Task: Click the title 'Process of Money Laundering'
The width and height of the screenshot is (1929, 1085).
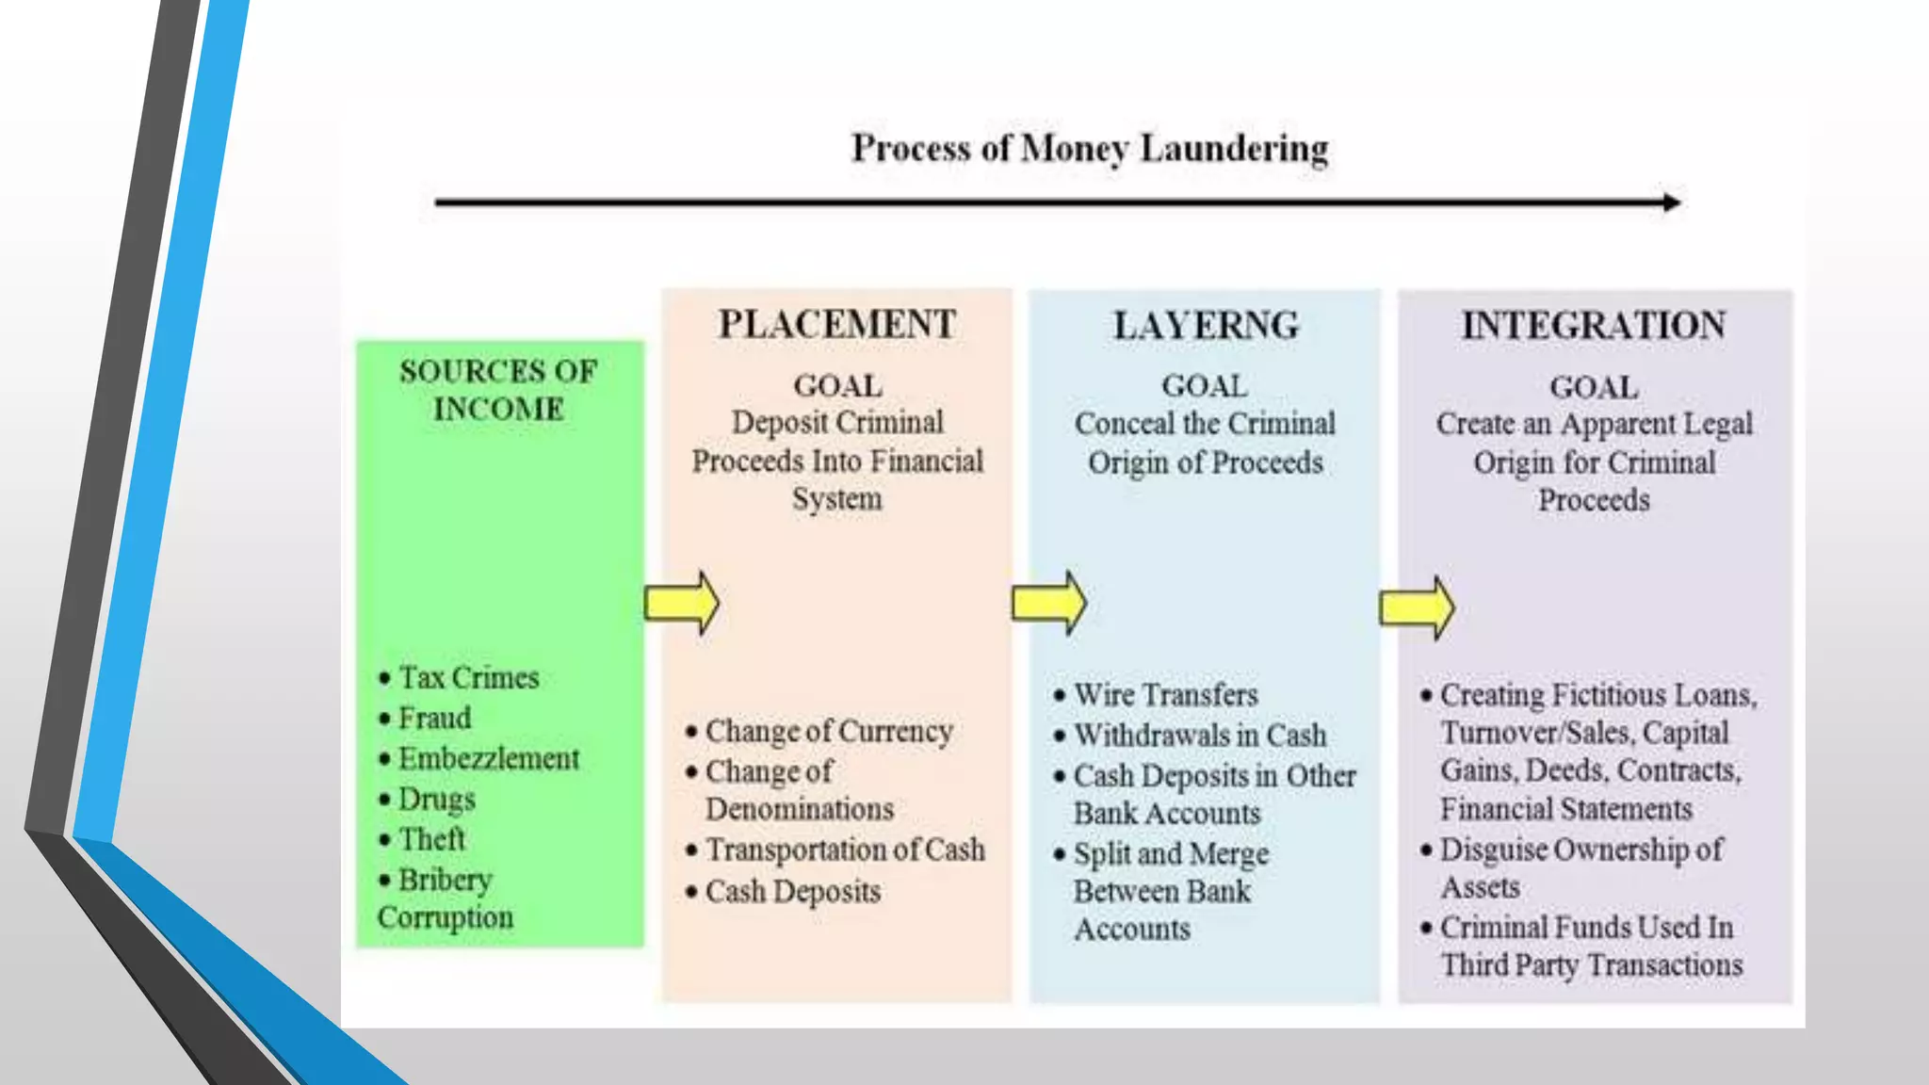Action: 1090,149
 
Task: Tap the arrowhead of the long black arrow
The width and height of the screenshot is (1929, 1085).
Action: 1672,202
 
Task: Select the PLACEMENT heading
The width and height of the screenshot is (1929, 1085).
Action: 836,325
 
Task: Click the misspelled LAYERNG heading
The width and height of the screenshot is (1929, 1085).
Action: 1206,326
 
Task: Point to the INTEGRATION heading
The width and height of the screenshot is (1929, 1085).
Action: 1594,326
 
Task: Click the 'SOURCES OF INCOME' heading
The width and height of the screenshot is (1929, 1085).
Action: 498,390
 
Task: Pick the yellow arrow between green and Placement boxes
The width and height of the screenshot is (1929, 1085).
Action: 682,603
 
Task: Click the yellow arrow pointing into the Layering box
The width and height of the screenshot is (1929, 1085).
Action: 1048,603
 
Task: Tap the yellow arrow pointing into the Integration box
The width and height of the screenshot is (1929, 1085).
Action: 1417,607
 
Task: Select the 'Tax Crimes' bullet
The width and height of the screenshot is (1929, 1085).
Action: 468,678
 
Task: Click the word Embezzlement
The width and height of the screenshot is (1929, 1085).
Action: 488,759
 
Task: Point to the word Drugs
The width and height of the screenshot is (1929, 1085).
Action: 436,800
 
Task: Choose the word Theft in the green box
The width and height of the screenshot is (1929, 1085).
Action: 431,839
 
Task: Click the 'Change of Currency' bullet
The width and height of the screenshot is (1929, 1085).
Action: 829,732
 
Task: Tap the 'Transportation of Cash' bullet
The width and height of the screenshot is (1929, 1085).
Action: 845,850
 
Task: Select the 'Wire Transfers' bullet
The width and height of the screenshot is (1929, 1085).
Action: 1165,695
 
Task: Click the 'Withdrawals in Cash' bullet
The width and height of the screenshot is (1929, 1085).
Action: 1199,736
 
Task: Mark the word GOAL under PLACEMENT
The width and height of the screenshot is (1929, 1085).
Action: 837,386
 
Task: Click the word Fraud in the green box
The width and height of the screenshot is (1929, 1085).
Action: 434,719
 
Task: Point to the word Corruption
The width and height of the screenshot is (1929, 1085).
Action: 446,918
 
